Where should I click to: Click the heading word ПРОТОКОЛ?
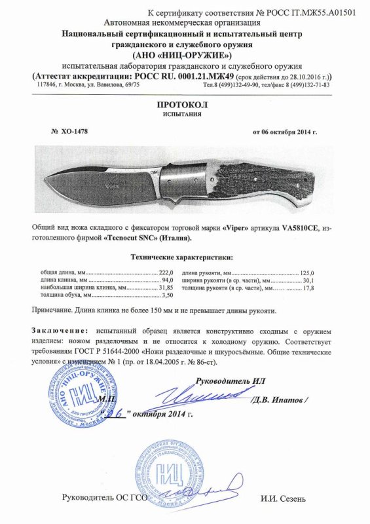(185, 104)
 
